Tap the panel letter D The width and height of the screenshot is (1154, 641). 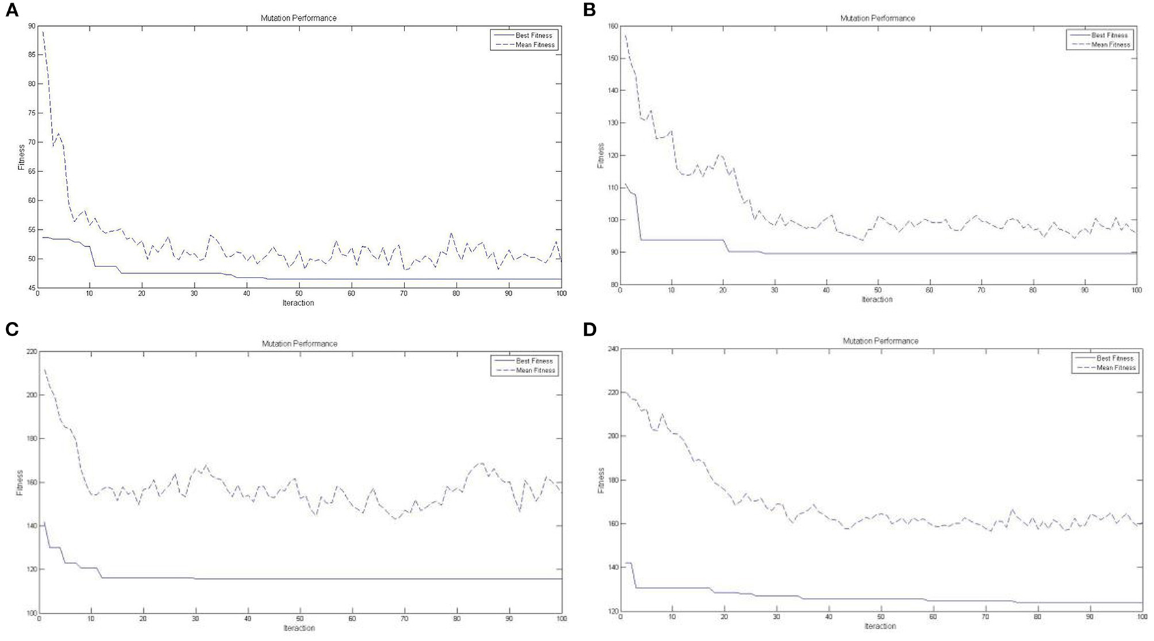(x=590, y=330)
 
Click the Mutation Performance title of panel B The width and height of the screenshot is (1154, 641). (x=877, y=18)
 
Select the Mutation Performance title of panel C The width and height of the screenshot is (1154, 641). (x=300, y=343)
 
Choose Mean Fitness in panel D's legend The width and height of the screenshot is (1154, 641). (x=1116, y=368)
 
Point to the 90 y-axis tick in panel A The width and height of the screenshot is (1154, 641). (x=31, y=25)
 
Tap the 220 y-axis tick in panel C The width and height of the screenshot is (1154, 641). (x=29, y=351)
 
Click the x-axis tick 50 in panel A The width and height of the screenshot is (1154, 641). (x=299, y=294)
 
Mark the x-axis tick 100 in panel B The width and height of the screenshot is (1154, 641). (x=1136, y=291)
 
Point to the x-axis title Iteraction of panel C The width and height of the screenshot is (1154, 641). (x=299, y=628)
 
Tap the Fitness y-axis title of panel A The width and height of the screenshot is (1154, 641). (x=21, y=158)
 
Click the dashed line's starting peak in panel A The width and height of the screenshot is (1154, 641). (x=43, y=32)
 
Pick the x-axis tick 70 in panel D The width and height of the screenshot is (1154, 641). (x=985, y=616)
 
